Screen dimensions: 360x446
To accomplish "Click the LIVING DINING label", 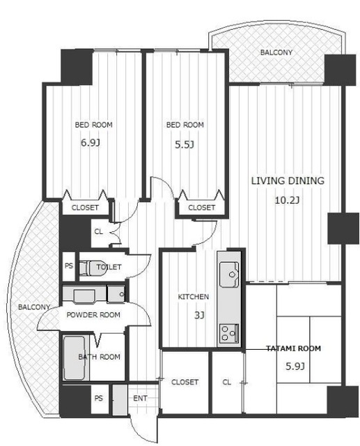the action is click(x=288, y=181).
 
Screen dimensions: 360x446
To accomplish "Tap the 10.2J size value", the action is click(x=287, y=201).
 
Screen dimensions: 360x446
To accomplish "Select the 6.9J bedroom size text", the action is click(x=91, y=142).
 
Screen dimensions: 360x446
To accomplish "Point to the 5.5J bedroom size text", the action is click(x=185, y=145).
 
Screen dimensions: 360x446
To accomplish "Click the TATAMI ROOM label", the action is click(x=294, y=348).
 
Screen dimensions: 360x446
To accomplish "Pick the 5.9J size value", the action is click(x=295, y=367).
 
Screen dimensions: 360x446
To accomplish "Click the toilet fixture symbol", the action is click(x=93, y=268).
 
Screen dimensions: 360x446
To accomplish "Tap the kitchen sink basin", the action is click(x=229, y=275).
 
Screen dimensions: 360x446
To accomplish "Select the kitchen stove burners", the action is click(x=229, y=333).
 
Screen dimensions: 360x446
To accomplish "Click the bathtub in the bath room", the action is click(x=75, y=357).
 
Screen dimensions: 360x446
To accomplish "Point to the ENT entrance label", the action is click(x=140, y=399).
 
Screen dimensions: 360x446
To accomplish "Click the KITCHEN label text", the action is click(x=193, y=297).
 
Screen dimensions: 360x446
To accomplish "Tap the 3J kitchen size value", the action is click(x=199, y=315).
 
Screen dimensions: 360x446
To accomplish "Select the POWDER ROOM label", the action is click(x=93, y=315).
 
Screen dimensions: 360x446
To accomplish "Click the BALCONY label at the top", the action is click(x=276, y=52).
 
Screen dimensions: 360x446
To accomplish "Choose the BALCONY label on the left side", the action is click(x=34, y=307).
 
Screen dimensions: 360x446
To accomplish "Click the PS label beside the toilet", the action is click(x=69, y=266).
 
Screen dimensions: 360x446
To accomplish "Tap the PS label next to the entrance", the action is click(x=98, y=398).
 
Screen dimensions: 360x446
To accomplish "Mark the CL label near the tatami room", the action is click(x=226, y=383).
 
